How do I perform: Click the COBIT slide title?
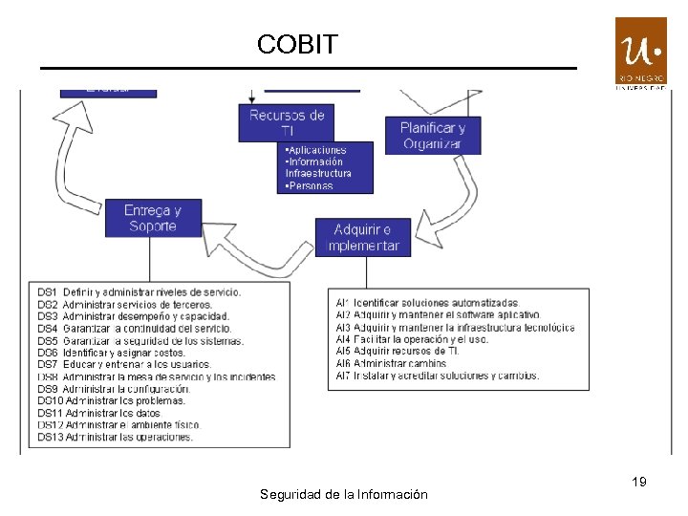(297, 44)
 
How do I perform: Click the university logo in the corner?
(640, 53)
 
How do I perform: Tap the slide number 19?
(639, 482)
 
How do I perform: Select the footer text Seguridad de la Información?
(344, 494)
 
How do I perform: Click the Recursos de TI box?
(287, 122)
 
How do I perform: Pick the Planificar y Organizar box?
(433, 136)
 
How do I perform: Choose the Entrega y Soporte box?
(153, 218)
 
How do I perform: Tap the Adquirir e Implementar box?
(363, 237)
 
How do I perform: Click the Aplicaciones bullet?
(316, 150)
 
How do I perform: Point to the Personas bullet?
(310, 186)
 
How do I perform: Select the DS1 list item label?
(48, 291)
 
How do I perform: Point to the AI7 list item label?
(343, 376)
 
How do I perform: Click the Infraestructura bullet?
(319, 174)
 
